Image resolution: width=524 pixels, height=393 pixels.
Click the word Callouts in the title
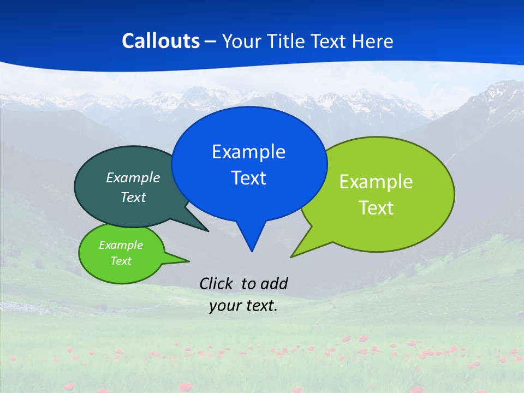coord(160,41)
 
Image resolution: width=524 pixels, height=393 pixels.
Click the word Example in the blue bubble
coord(248,152)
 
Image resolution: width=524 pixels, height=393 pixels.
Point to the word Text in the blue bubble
coord(248,178)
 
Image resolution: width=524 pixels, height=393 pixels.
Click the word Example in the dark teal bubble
coord(133,177)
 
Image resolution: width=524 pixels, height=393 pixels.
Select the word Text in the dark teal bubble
coord(133,197)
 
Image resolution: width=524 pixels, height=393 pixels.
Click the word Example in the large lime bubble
coord(376,182)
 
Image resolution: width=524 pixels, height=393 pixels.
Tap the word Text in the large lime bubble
coord(376,208)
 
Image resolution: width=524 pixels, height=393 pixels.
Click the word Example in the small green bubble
coord(121,245)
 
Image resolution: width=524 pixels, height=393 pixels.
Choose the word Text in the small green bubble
coord(121,261)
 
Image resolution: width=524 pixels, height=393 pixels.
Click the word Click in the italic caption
coord(217,283)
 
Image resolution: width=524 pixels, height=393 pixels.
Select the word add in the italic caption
coord(274,283)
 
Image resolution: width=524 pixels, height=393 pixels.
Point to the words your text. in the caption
coord(243,306)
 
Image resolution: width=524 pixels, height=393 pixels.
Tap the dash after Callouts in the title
coord(211,41)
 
